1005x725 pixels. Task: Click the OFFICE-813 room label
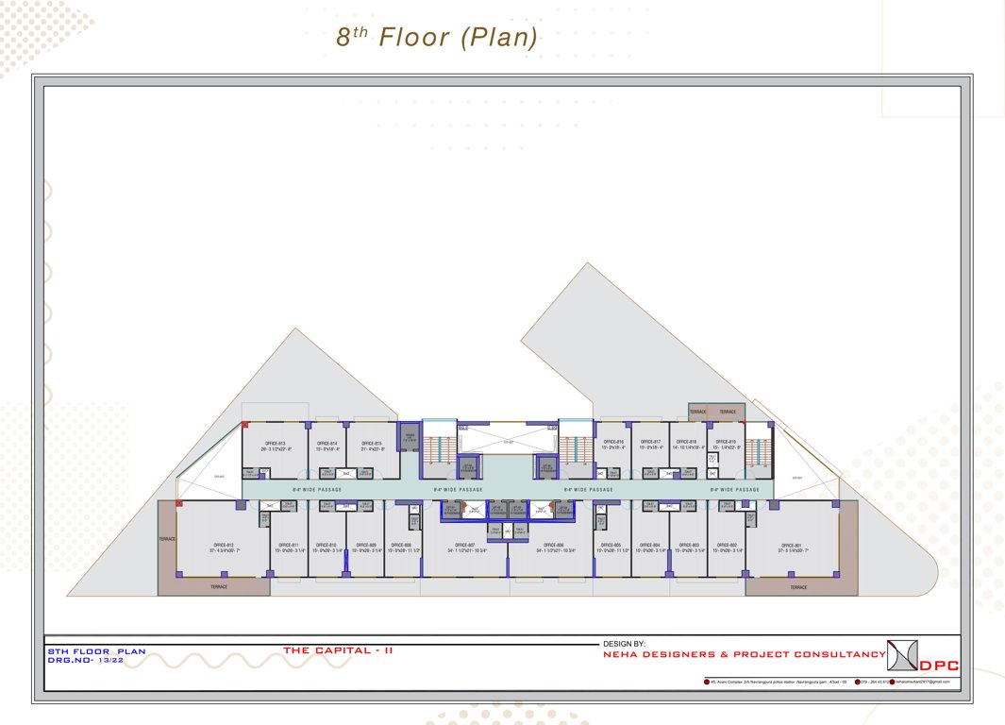[x=276, y=444]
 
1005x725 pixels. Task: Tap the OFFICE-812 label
[x=224, y=546]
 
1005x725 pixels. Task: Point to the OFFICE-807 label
[x=464, y=546]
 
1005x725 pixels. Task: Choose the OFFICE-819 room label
[x=726, y=442]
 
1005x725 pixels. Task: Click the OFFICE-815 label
[x=372, y=444]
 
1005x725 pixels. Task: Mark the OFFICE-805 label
[x=611, y=546]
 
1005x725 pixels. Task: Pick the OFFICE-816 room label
[x=612, y=442]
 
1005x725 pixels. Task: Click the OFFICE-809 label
[x=366, y=546]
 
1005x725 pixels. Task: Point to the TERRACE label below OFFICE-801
[x=798, y=587]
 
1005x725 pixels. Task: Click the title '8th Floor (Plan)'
[x=437, y=38]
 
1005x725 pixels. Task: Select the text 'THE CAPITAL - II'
[x=338, y=650]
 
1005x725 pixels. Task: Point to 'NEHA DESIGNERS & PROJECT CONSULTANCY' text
[x=744, y=654]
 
